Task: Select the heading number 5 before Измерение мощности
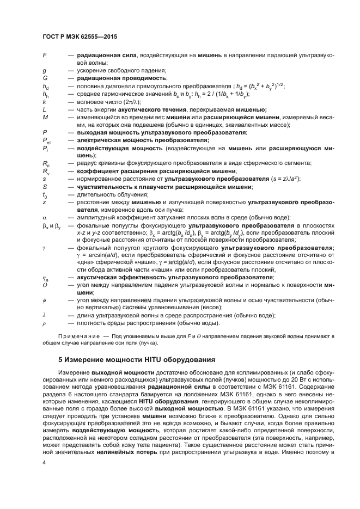point(61,360)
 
